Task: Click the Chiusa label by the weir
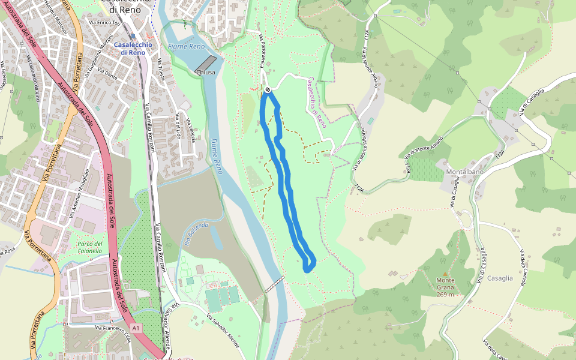point(205,73)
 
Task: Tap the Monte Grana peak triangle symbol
point(445,274)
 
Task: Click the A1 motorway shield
point(136,328)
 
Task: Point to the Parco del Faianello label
point(90,247)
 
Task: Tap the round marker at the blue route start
point(268,90)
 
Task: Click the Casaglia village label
point(500,278)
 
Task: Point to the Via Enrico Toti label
point(105,23)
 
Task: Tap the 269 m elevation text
point(445,295)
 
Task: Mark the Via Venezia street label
point(190,129)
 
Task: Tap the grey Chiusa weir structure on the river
point(206,63)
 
